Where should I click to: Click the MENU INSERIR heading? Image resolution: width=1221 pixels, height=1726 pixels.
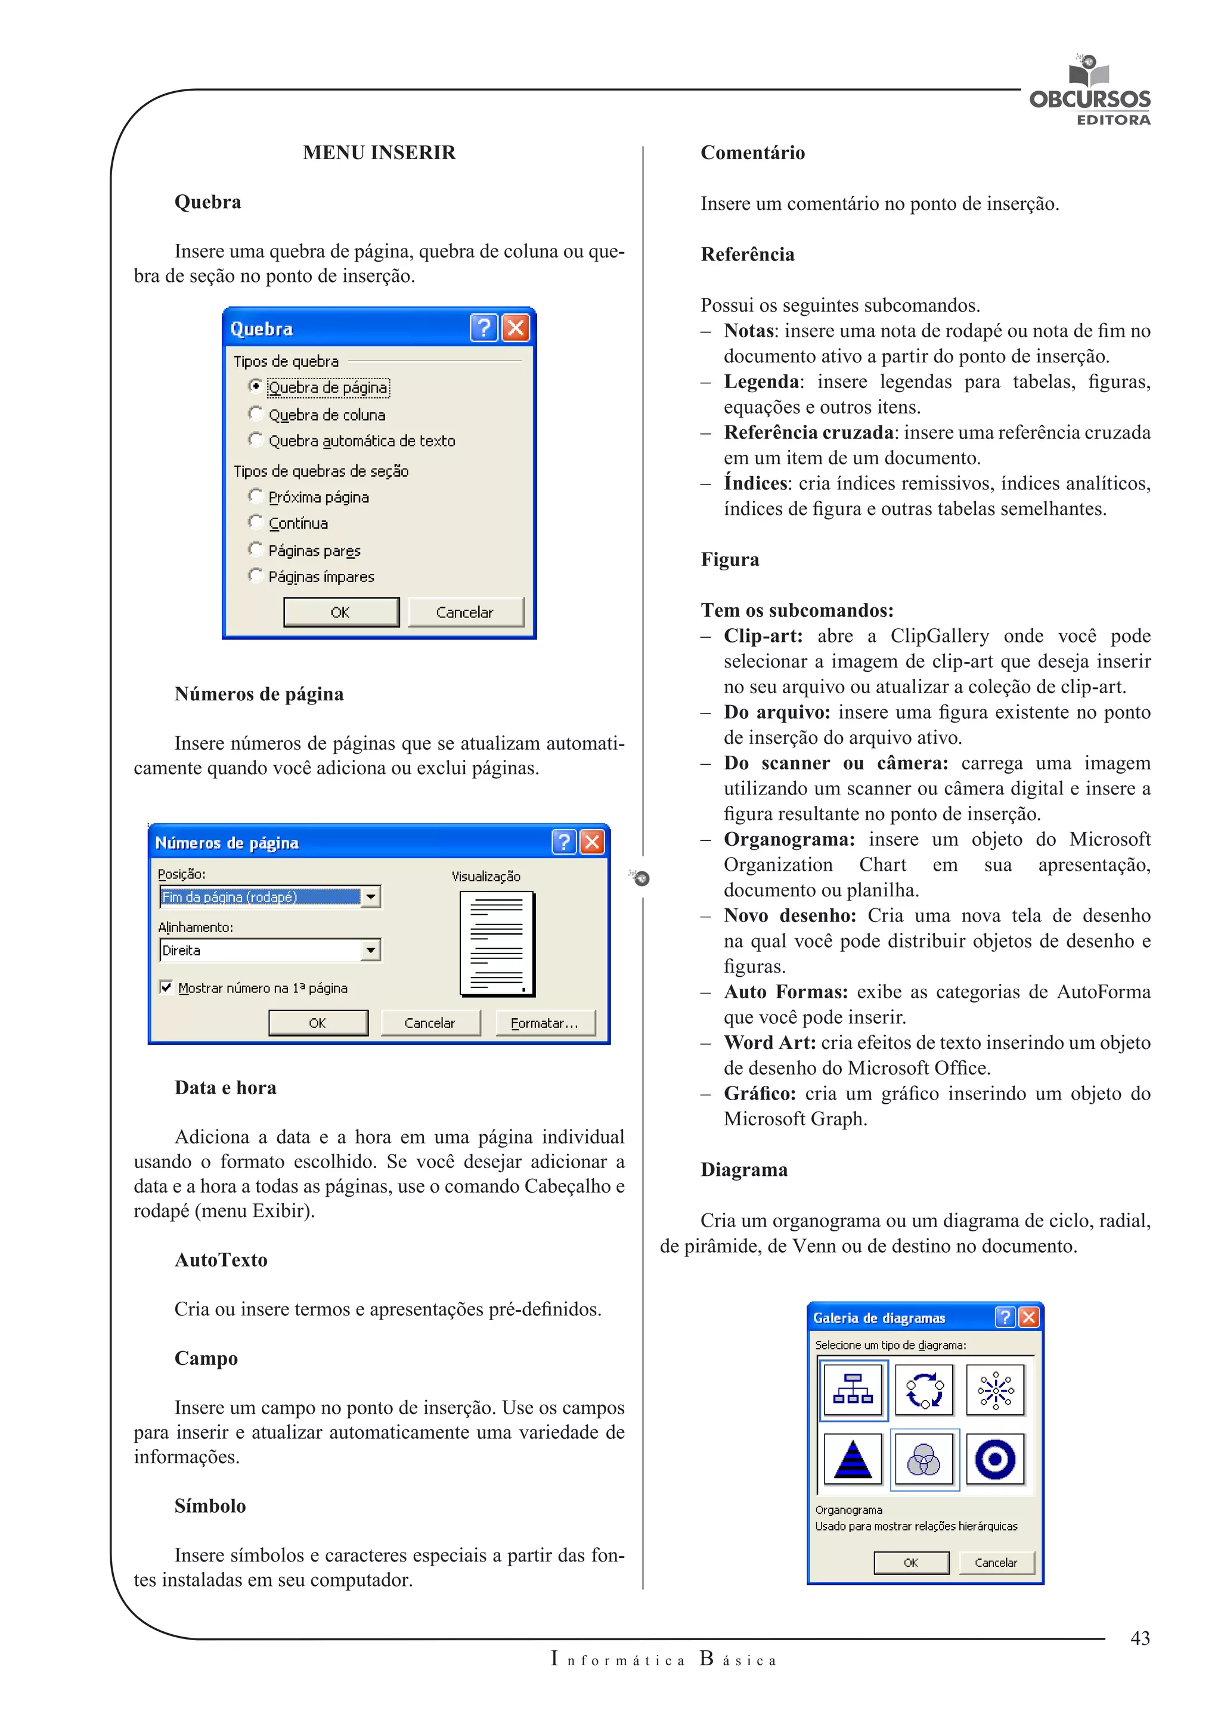click(x=379, y=153)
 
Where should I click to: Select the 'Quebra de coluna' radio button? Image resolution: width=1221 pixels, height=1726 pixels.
click(x=256, y=414)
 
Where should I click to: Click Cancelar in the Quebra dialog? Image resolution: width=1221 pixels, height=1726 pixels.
click(x=464, y=612)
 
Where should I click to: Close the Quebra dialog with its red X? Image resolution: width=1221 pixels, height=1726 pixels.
click(x=516, y=328)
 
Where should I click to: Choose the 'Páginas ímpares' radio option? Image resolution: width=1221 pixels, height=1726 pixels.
click(x=256, y=576)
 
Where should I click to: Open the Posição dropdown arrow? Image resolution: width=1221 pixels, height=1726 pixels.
click(x=371, y=897)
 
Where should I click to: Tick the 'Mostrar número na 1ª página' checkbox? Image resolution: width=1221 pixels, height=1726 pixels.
click(x=166, y=987)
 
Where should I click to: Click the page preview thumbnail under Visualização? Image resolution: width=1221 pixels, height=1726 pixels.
click(x=497, y=944)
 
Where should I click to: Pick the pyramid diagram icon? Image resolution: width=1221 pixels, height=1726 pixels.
click(x=853, y=1459)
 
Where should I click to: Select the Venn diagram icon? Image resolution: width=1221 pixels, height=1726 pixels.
click(x=924, y=1459)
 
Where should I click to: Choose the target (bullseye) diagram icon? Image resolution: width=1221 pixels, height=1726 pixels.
click(x=994, y=1459)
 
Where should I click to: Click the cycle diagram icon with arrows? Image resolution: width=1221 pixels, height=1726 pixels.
click(x=924, y=1390)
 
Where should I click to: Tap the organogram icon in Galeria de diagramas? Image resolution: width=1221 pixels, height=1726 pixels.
click(x=853, y=1390)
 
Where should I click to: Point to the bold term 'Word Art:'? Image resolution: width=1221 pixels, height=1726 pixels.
click(x=769, y=1042)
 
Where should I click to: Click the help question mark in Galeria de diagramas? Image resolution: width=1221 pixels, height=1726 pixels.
click(x=1005, y=1317)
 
